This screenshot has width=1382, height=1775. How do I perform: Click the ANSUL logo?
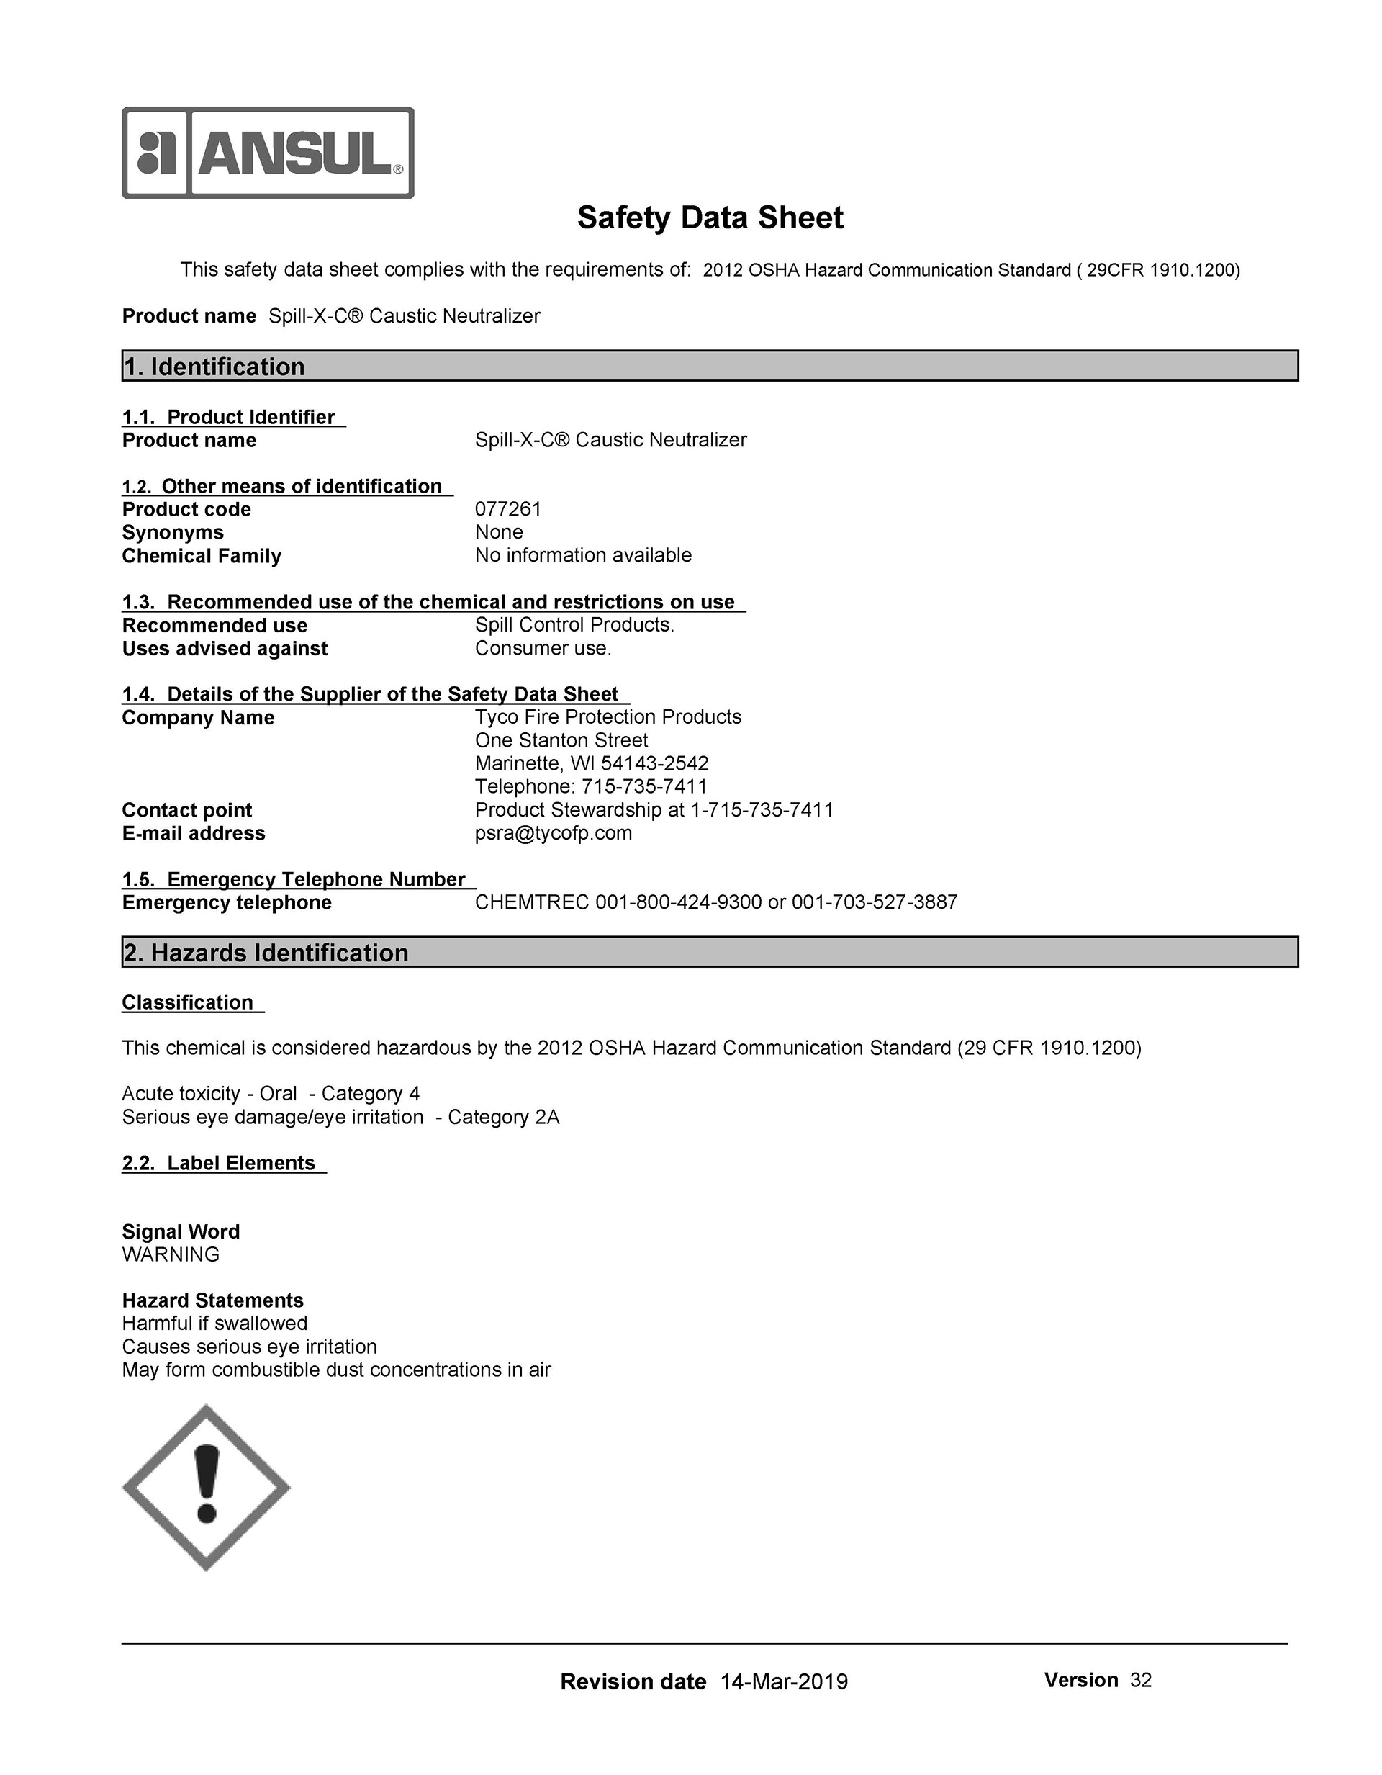pos(268,153)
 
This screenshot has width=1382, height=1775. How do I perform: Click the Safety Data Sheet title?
pos(710,217)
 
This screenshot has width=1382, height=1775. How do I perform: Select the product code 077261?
pos(507,510)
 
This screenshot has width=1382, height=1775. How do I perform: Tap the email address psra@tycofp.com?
pos(554,834)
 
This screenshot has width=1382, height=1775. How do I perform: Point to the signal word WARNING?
pos(171,1255)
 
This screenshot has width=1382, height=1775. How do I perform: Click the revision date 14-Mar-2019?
pos(784,1682)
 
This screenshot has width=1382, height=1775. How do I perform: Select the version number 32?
pos(1141,1681)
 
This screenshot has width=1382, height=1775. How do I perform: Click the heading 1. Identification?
pos(214,367)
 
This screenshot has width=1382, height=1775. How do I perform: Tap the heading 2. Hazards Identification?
pos(266,953)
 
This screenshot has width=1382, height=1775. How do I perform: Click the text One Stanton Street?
pos(561,741)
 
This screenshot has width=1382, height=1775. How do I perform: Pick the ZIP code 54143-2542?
pos(655,764)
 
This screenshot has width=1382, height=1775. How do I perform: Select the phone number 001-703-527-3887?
pos(875,903)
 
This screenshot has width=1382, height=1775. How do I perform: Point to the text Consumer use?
pos(543,649)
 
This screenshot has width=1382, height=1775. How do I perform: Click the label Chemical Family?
pos(202,557)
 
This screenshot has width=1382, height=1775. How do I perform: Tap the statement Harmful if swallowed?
pos(214,1324)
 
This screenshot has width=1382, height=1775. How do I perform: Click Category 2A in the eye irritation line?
pos(504,1118)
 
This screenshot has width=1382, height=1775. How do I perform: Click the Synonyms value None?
pos(499,532)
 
